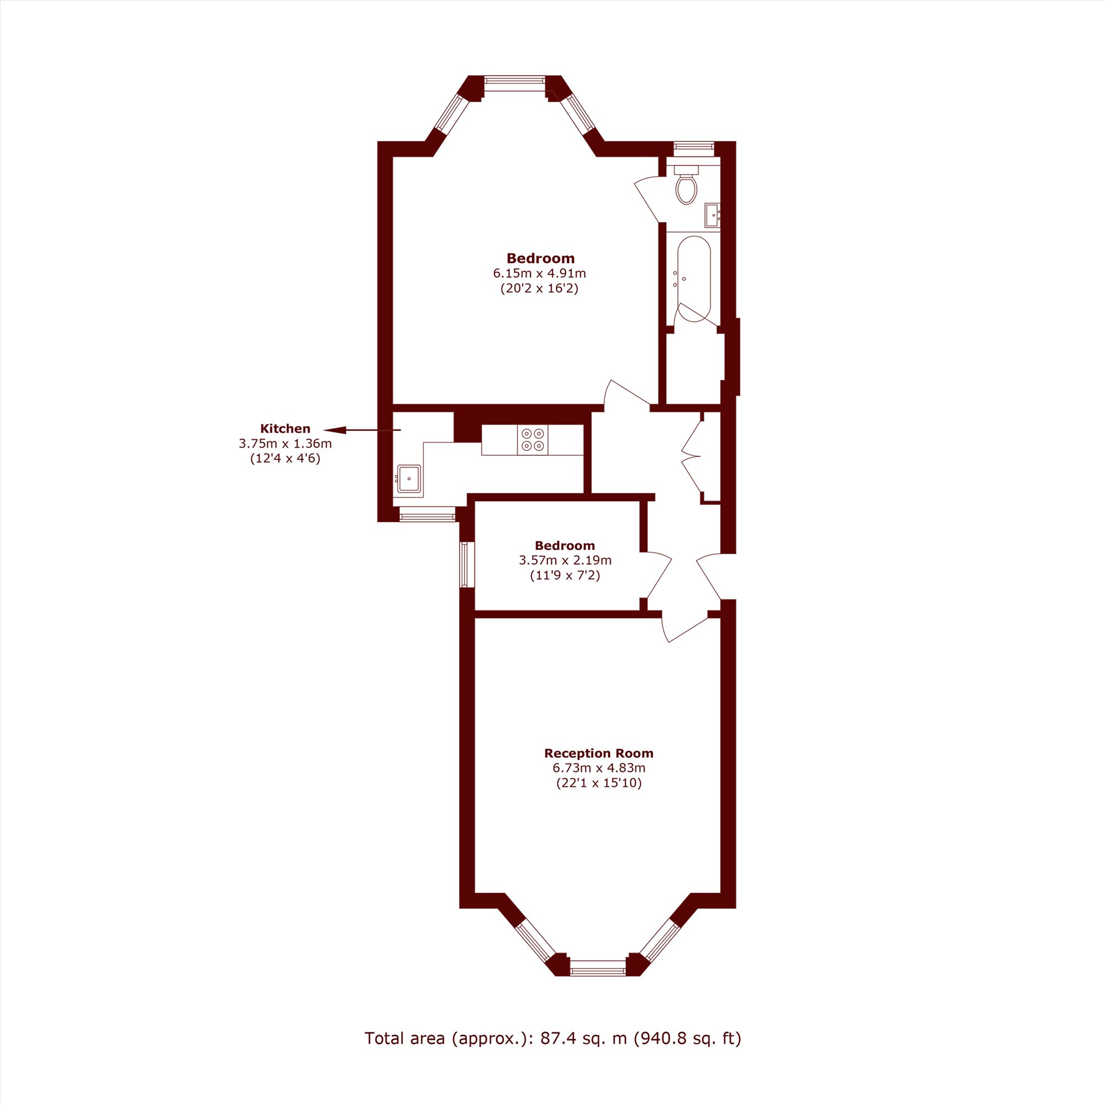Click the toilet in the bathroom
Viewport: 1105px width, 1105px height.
pos(686,183)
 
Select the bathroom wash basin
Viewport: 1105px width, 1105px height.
pos(712,215)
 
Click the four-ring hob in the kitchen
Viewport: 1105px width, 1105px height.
pos(533,440)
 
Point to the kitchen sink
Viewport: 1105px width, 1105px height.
pos(409,478)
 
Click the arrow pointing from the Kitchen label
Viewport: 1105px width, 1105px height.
pos(362,430)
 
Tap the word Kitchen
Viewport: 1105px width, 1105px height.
pos(285,428)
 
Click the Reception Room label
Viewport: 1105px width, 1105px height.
pos(599,753)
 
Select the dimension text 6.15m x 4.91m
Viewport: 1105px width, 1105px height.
pos(540,273)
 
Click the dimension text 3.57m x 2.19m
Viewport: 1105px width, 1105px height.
pos(565,560)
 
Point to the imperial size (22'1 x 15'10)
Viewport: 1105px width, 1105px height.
pos(599,783)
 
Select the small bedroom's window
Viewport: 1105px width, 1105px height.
pos(465,565)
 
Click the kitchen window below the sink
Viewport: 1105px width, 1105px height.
pos(427,517)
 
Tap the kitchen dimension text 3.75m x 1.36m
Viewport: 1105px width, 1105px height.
pos(285,443)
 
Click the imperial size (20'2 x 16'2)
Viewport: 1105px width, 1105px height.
pos(540,288)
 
